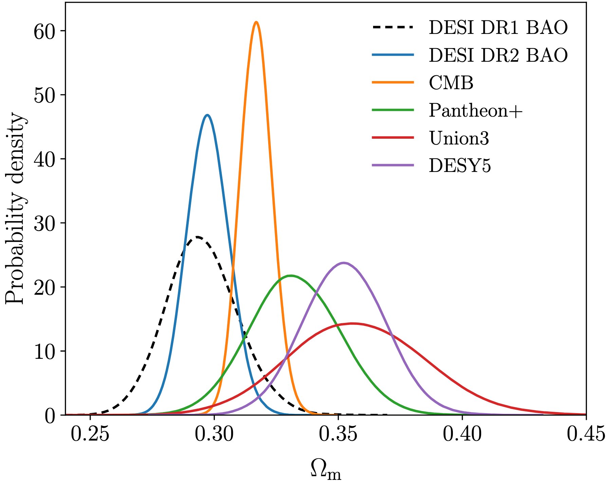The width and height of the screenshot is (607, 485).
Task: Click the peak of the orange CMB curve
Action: [256, 22]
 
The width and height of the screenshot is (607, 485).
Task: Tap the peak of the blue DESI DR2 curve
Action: [207, 115]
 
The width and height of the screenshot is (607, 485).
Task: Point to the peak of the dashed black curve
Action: [197, 237]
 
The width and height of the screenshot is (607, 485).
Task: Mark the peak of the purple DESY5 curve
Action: [344, 263]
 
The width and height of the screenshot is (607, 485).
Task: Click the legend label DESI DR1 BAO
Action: [498, 27]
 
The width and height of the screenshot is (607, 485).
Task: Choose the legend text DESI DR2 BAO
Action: [498, 55]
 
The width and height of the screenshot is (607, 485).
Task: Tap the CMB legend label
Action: [451, 83]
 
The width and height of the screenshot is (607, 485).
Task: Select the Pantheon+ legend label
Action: [475, 111]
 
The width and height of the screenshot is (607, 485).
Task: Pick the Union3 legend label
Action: [459, 138]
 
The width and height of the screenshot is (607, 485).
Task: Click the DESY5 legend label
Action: [460, 166]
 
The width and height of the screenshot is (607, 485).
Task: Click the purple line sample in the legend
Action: [393, 165]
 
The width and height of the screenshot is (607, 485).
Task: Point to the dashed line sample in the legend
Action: [393, 27]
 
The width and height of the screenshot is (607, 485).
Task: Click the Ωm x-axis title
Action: [325, 470]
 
